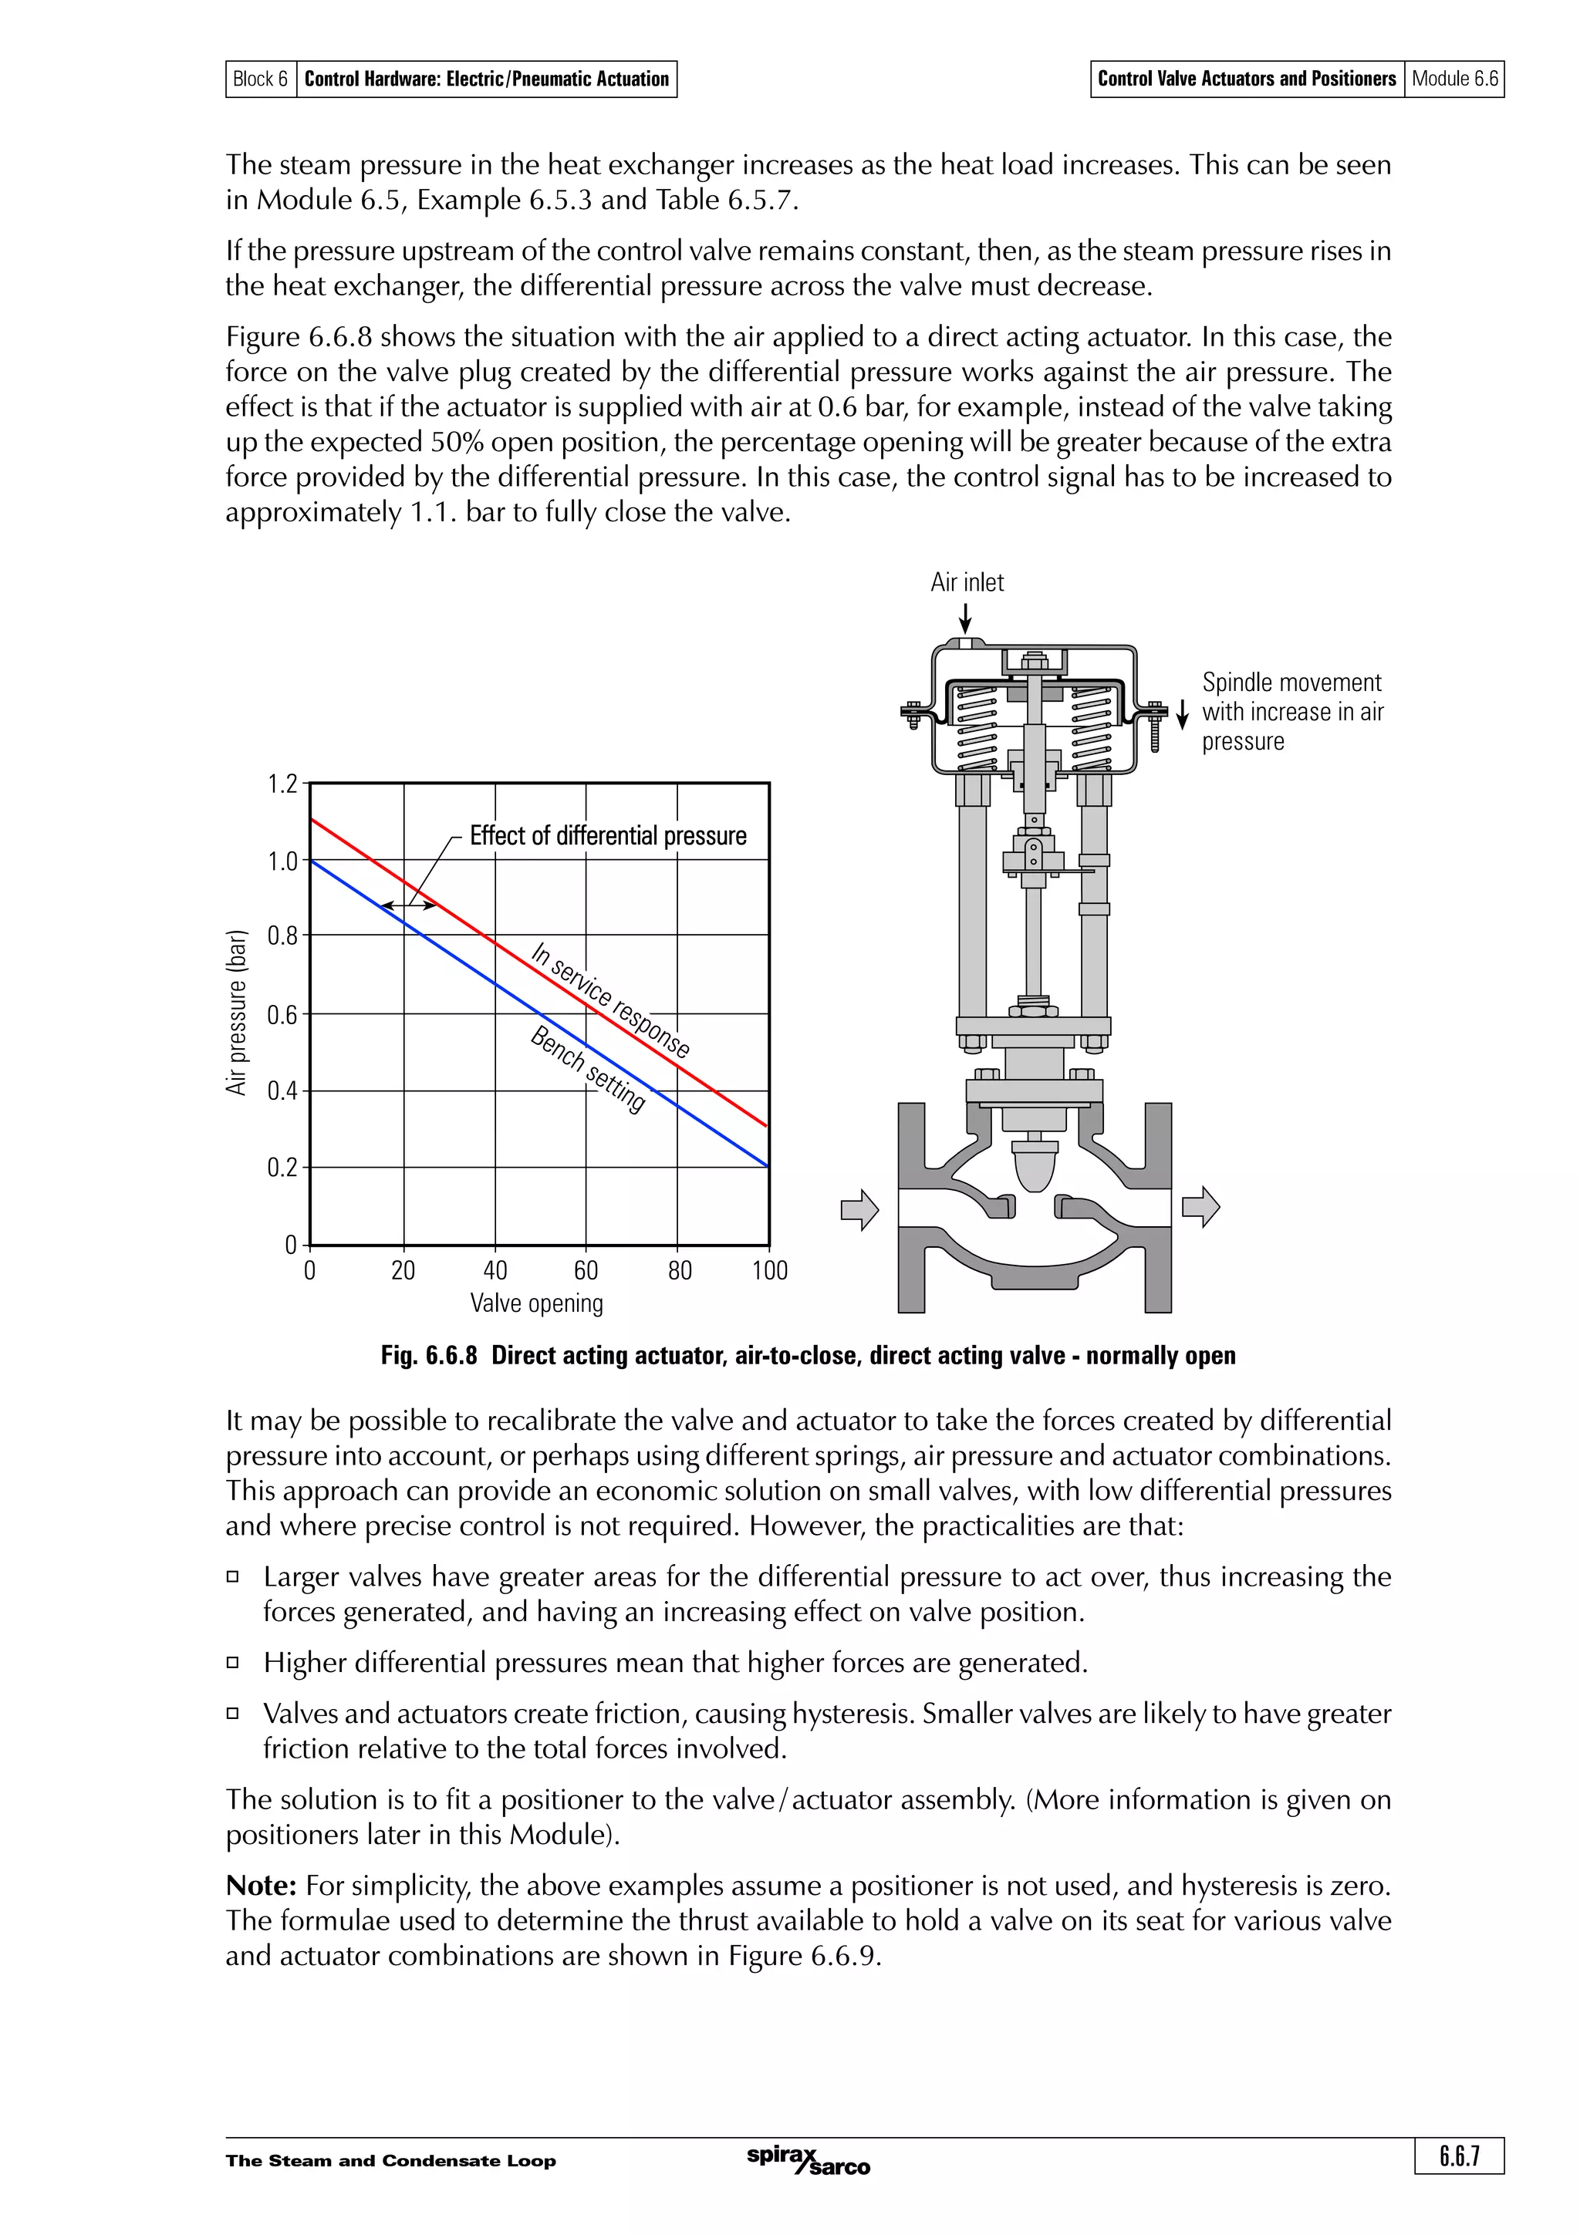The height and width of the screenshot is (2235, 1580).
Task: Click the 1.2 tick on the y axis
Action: click(282, 784)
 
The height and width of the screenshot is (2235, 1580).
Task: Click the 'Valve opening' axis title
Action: click(536, 1303)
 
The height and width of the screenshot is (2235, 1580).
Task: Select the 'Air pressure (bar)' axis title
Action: click(237, 1013)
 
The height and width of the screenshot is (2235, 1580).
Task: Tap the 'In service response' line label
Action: click(610, 1000)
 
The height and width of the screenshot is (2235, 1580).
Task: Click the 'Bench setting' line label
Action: click(587, 1070)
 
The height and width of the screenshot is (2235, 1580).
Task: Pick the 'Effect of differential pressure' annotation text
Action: click(607, 836)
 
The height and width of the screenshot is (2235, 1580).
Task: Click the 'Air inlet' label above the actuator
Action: click(966, 582)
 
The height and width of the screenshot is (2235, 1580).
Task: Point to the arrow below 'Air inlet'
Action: click(965, 617)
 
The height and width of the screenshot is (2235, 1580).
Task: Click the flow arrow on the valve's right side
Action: click(1200, 1207)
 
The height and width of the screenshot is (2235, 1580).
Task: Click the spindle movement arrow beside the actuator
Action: click(1182, 714)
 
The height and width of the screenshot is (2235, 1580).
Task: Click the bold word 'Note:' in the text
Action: click(261, 1886)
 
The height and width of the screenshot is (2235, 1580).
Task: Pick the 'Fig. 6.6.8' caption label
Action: click(428, 1356)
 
